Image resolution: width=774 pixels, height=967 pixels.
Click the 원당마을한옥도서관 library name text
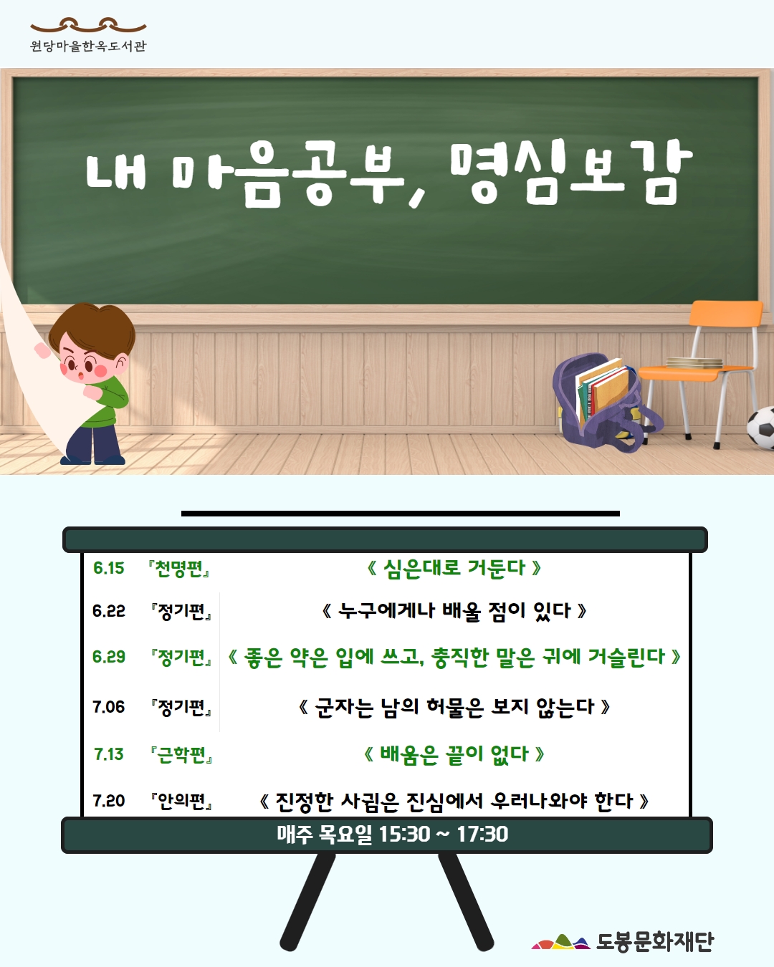coord(88,46)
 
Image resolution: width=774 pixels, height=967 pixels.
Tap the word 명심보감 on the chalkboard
coord(571,173)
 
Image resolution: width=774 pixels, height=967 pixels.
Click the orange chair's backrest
coord(725,313)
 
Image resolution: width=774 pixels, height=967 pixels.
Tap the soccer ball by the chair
coord(761,428)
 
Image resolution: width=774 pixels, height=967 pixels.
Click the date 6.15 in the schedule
coord(108,568)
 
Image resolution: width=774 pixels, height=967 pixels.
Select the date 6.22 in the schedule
coord(108,611)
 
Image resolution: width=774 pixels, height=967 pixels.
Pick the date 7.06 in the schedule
coord(108,707)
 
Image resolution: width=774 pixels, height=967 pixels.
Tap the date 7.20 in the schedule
coord(108,800)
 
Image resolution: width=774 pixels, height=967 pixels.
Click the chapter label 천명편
coord(179,569)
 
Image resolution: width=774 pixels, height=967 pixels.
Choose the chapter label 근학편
coord(182,755)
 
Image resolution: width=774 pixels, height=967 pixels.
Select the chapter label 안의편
coord(182,802)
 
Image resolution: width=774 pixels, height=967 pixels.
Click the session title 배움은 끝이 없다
coord(454,754)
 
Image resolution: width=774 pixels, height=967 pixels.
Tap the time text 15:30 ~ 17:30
coord(444,834)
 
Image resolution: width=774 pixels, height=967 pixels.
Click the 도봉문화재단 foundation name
coord(655,941)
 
